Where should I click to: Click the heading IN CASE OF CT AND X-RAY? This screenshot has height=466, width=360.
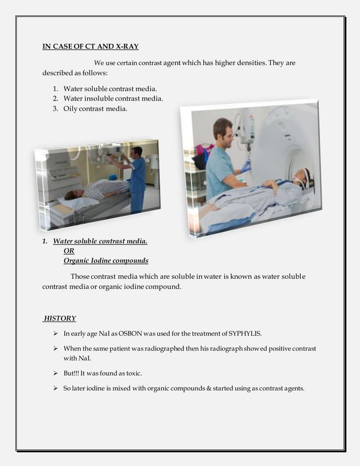(90, 46)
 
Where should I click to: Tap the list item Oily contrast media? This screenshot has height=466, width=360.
(95, 108)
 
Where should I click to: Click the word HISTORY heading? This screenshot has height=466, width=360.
(60, 318)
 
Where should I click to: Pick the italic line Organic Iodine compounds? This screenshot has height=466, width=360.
(106, 261)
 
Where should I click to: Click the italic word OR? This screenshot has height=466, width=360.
(69, 251)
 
